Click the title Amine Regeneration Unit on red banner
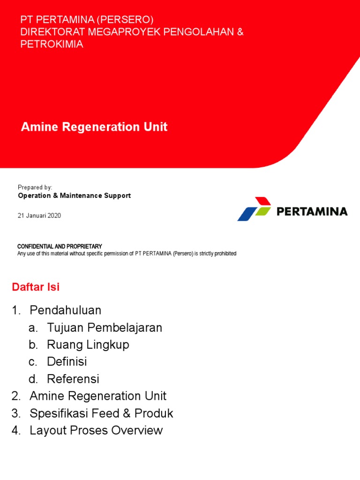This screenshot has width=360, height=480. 94,127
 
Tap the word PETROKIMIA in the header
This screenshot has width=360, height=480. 52,45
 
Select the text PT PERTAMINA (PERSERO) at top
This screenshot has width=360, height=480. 87,20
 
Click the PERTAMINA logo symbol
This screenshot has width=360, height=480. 255,209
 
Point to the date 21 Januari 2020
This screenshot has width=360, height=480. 39,216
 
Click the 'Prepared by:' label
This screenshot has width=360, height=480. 35,187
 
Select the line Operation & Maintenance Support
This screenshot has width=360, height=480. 74,195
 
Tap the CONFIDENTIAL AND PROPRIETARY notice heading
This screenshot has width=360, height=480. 60,247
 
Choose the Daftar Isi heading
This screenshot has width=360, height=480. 36,287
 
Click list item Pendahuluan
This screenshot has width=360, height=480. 65,310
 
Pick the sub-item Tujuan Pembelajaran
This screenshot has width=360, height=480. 105,328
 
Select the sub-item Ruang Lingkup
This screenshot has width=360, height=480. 88,345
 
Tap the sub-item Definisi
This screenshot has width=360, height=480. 67,362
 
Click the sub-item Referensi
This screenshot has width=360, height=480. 73,379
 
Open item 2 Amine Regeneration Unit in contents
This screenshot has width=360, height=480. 98,396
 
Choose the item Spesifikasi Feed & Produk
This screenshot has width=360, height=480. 101,413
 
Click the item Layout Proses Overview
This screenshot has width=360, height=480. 96,430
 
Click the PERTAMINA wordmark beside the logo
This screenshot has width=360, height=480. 312,211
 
